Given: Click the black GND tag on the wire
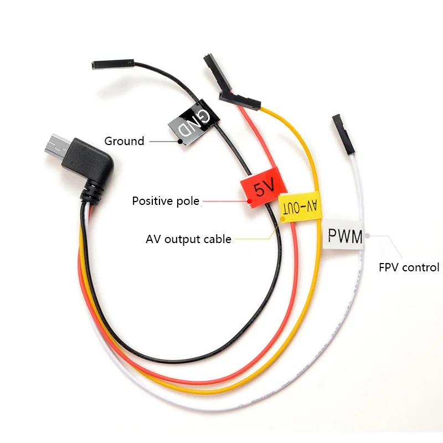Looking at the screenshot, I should coord(191,122).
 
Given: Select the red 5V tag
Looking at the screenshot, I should coord(260,189).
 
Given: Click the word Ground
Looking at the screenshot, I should coord(124,141).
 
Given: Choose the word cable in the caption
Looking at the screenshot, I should coord(218,240).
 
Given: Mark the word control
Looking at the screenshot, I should coord(421,267).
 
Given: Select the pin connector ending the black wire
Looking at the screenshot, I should coord(111,65).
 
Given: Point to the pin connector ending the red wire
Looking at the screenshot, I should coord(214,69).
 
